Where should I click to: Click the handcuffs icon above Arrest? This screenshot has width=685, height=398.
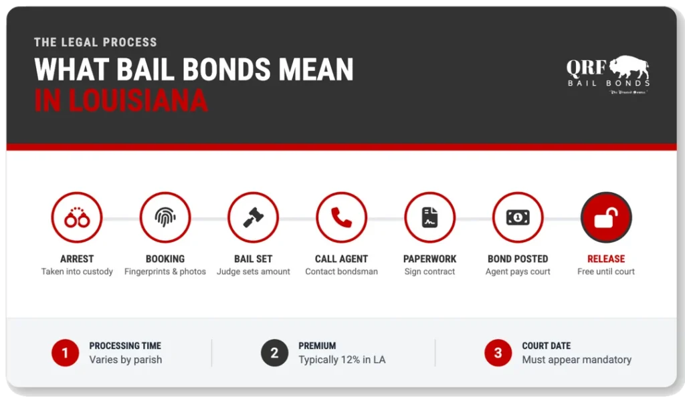coord(76,217)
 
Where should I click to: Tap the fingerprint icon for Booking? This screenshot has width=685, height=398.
coord(165,217)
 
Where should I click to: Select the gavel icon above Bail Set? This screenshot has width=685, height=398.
coord(253,217)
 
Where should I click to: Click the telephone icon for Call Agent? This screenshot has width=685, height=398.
coord(341,217)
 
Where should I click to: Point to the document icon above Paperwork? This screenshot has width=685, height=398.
coord(429,217)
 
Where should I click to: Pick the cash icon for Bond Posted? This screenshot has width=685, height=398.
coord(518,217)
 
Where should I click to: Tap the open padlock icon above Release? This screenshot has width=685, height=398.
coord(606,217)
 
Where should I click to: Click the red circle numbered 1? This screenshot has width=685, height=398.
coord(65,353)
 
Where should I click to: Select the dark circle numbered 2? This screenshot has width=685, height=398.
coord(274,353)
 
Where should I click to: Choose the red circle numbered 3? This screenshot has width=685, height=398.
coord(498,353)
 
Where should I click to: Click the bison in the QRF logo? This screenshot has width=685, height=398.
coord(629,70)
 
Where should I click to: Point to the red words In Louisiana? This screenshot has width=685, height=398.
coord(120,100)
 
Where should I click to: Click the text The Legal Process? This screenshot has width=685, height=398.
coord(96,42)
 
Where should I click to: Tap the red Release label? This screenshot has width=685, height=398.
coord(606,259)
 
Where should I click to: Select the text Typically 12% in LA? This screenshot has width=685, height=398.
coord(342,360)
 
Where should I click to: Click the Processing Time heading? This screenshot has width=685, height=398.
coord(125,346)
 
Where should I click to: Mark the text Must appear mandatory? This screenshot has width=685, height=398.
coord(577,360)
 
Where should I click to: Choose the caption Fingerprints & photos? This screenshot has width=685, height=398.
coord(165,272)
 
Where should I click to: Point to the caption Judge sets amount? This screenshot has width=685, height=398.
coord(254,272)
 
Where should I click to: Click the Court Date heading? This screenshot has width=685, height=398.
coord(547,346)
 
